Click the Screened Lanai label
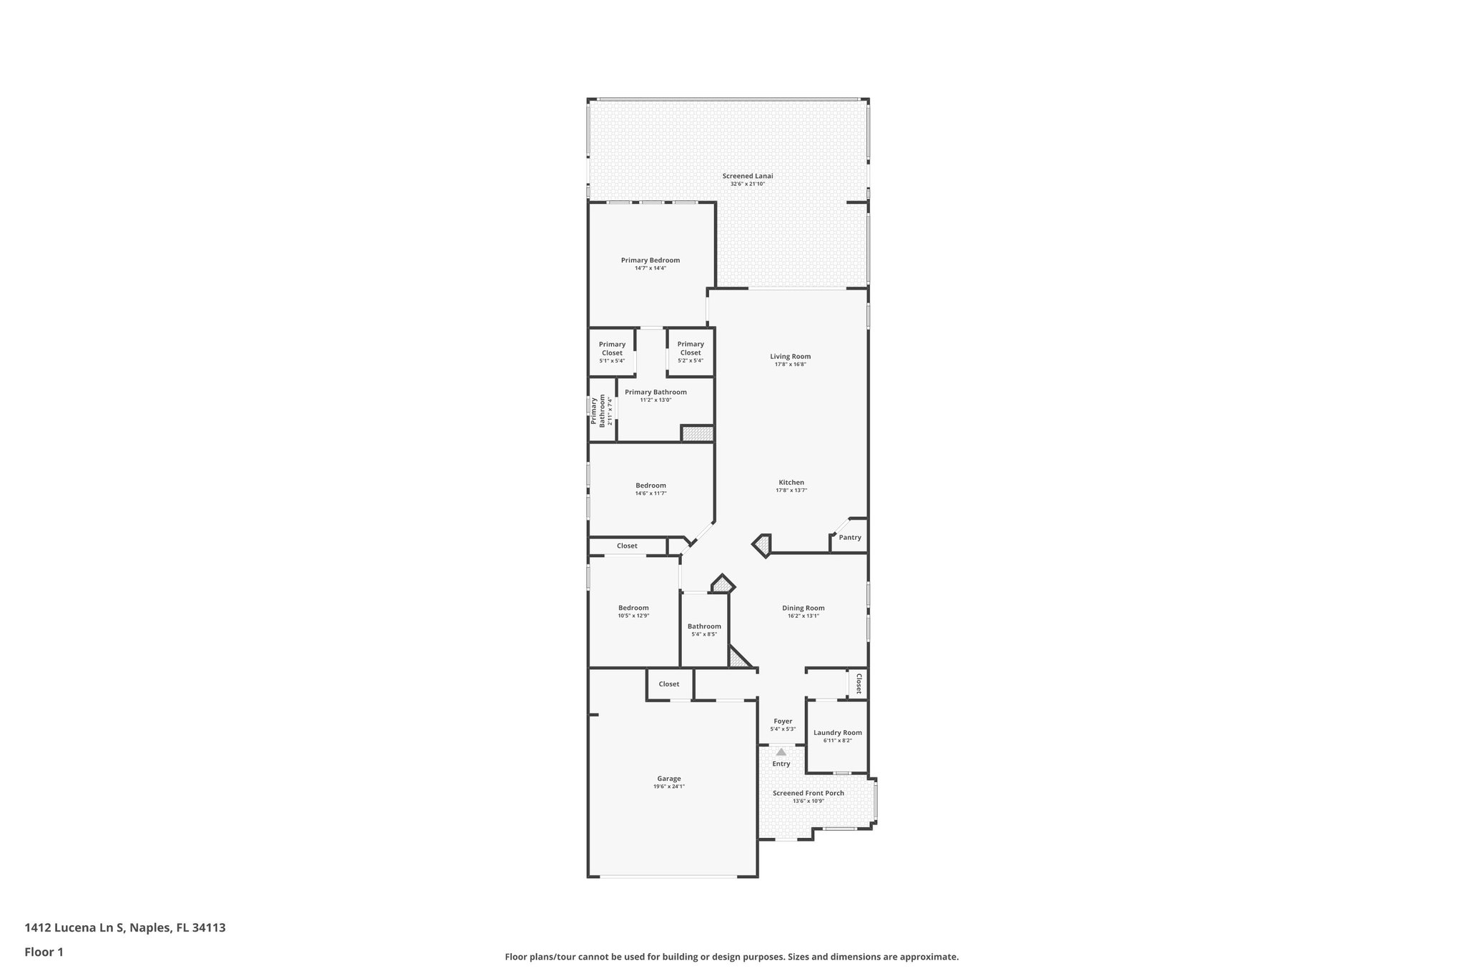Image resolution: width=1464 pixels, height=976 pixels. point(747,176)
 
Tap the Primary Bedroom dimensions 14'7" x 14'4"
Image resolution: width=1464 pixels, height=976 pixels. point(650,268)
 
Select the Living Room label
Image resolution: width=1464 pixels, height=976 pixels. point(790,356)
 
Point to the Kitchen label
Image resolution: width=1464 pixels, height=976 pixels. point(791,483)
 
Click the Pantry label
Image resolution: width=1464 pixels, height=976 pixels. point(850,538)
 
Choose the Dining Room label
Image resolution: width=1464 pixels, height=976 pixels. point(803,608)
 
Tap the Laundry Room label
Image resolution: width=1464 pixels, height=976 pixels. point(837,733)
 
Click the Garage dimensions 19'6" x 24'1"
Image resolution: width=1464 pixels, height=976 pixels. point(668,787)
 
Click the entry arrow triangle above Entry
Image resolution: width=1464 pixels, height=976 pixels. point(781,751)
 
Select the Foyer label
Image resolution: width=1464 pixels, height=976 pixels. point(783,721)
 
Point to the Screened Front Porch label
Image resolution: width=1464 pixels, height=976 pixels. point(808,793)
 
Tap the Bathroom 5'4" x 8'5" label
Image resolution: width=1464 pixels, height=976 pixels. point(704,626)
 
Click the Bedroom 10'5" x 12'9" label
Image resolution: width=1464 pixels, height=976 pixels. point(633,608)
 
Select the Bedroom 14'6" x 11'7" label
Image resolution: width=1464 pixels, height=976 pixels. point(651,485)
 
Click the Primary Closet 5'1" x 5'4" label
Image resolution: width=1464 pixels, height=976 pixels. point(612,348)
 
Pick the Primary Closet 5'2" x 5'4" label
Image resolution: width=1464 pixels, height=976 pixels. point(691,348)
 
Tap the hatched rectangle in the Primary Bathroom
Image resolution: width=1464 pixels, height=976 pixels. point(697,433)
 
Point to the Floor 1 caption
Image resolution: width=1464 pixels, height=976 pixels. point(44,952)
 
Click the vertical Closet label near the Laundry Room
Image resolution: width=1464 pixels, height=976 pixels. point(859,684)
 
